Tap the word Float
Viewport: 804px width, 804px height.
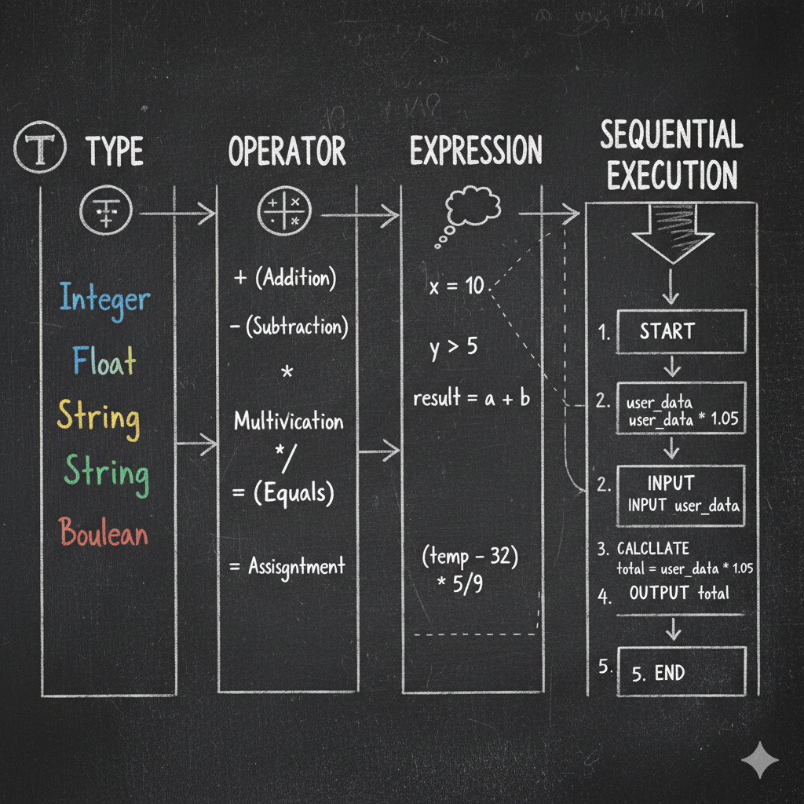click(104, 360)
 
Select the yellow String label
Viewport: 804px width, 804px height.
click(98, 419)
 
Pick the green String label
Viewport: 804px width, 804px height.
click(107, 475)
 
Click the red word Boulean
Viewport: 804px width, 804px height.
click(103, 532)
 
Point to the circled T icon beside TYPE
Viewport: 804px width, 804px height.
click(40, 147)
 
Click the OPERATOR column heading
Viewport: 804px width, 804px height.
click(287, 151)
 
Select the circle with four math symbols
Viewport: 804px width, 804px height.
click(284, 210)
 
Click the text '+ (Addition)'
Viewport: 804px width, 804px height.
click(285, 278)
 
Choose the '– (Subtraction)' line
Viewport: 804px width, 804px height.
click(289, 327)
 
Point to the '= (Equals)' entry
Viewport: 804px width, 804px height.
click(283, 494)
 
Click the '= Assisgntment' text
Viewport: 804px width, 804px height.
click(287, 567)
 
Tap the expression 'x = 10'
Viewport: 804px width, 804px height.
click(456, 286)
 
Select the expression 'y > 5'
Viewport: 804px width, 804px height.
click(454, 348)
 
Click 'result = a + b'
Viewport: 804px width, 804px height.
click(472, 398)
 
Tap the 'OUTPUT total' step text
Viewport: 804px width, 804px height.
click(679, 594)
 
